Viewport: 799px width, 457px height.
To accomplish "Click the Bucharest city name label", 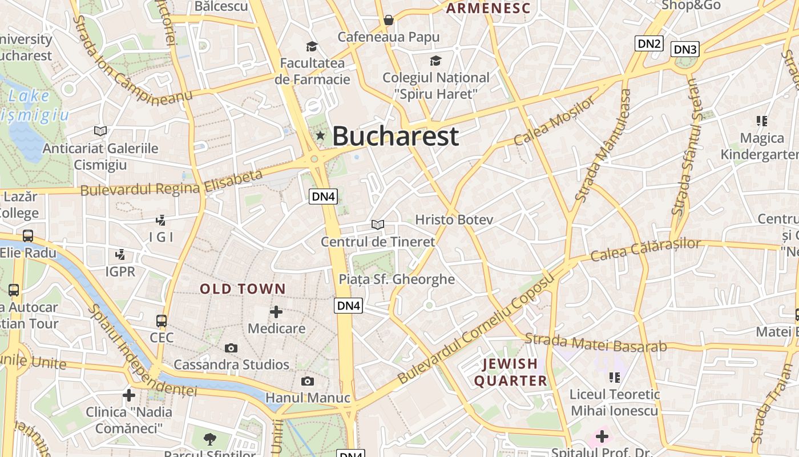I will [x=396, y=136].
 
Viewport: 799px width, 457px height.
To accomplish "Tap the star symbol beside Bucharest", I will [x=320, y=135].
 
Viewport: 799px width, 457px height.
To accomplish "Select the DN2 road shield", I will [x=649, y=43].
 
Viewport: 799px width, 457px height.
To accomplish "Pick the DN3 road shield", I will [x=685, y=49].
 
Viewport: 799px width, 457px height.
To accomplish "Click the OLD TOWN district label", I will [x=243, y=289].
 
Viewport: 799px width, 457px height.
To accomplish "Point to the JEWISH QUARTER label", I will [x=511, y=372].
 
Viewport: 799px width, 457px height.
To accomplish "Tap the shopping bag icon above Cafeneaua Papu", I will [x=389, y=21].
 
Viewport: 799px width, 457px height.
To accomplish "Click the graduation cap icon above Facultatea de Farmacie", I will [x=312, y=46].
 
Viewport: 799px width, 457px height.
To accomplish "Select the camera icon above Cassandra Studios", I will [x=231, y=348].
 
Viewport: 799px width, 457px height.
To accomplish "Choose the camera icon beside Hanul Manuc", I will [x=308, y=381].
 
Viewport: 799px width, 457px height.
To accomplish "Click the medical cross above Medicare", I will [x=276, y=312].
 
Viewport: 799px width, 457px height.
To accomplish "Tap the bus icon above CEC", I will [x=162, y=320].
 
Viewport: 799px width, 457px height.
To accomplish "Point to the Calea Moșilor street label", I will [x=554, y=121].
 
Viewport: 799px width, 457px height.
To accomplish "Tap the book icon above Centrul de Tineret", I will [x=377, y=225].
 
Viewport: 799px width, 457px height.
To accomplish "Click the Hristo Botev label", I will [x=454, y=220].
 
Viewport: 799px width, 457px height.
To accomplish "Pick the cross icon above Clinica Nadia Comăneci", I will [x=129, y=395].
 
